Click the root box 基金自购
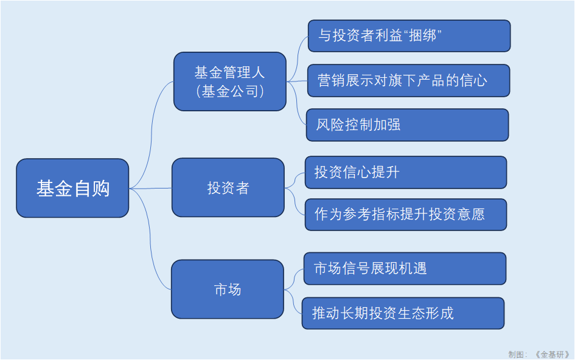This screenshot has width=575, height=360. coord(72,188)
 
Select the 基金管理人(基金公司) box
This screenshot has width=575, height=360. coord(229,81)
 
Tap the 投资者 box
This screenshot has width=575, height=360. coord(228,187)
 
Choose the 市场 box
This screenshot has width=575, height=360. coord(227,289)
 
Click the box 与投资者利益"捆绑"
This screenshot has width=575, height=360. coord(408,36)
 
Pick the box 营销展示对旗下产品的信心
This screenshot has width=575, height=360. coord(408,80)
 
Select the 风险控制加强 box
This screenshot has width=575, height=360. coord(407,125)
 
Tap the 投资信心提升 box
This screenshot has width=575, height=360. coord(405,172)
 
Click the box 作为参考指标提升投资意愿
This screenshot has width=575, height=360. coord(405,214)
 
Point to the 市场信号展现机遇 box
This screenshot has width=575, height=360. coord(405,268)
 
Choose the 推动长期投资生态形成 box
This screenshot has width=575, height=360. coord(403,313)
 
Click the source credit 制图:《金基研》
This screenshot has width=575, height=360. coord(538,354)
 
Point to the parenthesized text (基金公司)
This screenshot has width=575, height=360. coord(229,91)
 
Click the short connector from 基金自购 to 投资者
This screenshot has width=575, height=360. coord(150,188)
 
